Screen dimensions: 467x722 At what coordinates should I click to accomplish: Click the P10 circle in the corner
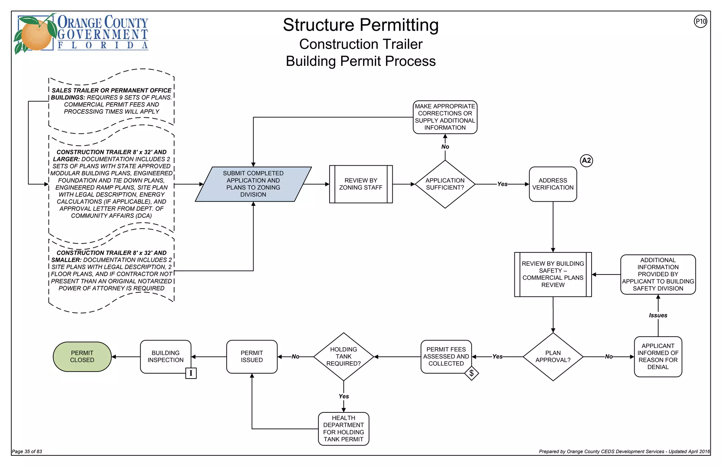700,21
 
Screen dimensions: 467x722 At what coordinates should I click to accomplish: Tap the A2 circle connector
586,161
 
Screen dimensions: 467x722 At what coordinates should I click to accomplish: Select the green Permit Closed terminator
82,357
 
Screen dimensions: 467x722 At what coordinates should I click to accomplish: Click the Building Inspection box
165,356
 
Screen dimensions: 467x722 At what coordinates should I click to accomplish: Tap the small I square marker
191,373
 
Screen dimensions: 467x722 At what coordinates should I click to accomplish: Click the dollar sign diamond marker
471,373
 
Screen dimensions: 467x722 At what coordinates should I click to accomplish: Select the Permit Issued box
252,356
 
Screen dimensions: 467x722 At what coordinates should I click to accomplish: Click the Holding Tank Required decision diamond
343,356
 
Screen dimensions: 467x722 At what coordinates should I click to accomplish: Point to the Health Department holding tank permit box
343,429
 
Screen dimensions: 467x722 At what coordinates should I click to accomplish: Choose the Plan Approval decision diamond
553,356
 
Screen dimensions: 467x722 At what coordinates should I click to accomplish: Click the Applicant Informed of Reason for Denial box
658,356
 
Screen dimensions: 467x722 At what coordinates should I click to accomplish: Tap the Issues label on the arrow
658,315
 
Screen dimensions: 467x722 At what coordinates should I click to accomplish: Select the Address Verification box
553,184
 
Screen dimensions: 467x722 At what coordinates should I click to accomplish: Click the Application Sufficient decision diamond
445,184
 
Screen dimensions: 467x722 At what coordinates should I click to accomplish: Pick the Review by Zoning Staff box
361,184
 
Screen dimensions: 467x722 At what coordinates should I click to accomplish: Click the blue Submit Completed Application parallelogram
253,184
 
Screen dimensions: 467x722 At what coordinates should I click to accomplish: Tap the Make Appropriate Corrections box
445,117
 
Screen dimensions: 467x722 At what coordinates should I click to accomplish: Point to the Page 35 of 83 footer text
27,451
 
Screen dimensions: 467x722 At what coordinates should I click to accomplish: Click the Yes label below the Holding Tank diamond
344,397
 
